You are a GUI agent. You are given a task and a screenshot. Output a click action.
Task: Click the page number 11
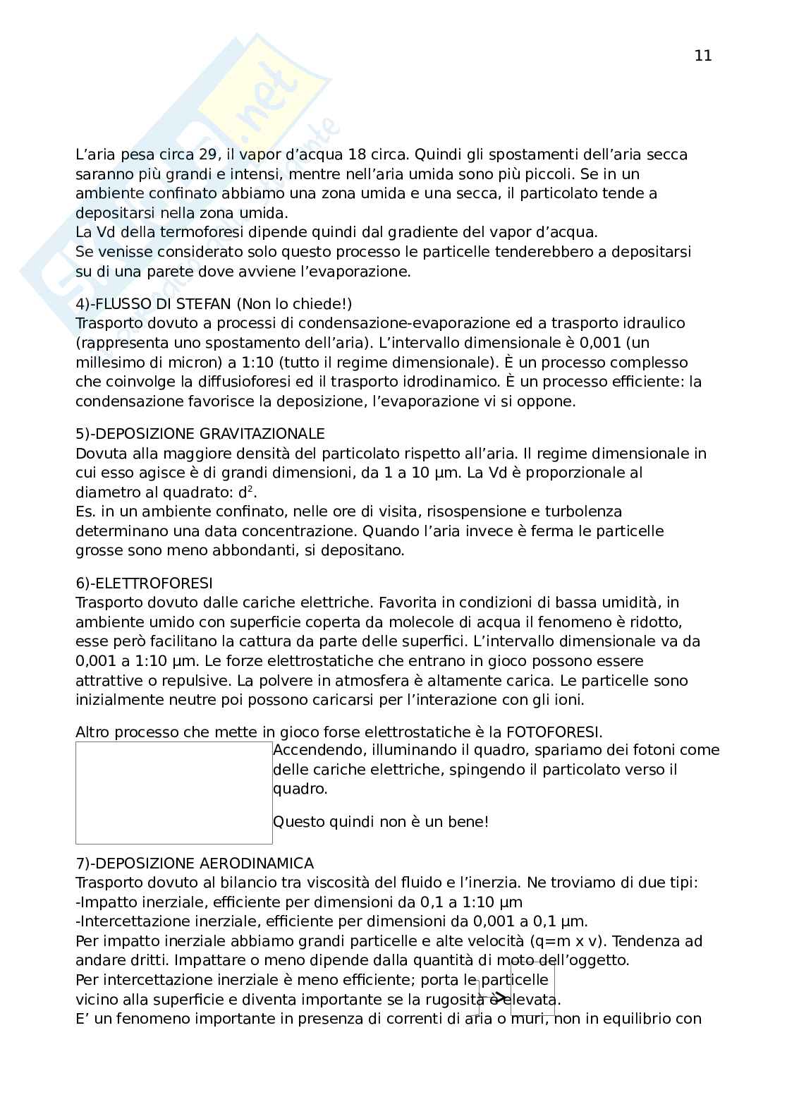pyautogui.click(x=702, y=56)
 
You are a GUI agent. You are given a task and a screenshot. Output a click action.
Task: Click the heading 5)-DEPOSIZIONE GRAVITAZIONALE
pyautogui.click(x=200, y=433)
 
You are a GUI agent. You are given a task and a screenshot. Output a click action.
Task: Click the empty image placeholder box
pyautogui.click(x=173, y=792)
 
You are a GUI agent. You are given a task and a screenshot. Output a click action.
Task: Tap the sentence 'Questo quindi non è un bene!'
pyautogui.click(x=380, y=822)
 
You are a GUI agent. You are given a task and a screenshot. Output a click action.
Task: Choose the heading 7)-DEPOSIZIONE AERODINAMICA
pyautogui.click(x=195, y=863)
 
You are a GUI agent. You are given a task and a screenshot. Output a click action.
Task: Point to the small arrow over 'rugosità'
pyautogui.click(x=499, y=997)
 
